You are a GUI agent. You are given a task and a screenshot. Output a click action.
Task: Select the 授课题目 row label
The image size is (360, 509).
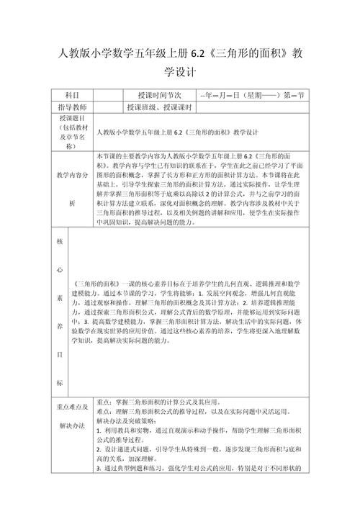click(71, 119)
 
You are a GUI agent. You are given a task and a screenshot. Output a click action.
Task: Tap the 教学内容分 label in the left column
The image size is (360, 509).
click(72, 175)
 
